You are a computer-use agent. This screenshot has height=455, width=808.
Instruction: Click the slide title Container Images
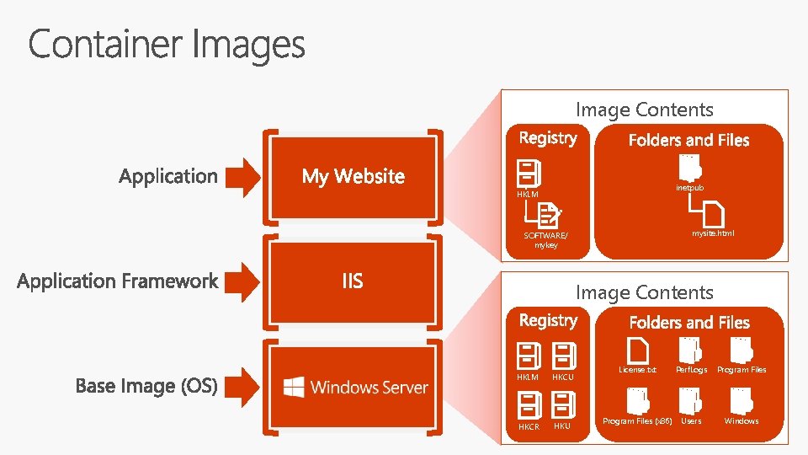coord(167,44)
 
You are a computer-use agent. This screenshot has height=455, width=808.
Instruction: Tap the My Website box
coord(353,176)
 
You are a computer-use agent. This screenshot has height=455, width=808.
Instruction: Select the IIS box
coord(353,281)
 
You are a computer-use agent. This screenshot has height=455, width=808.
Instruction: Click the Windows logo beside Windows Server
coord(294,387)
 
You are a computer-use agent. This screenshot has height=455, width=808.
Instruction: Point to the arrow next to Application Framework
coord(245,281)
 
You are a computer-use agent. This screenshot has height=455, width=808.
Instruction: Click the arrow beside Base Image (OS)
coord(245,386)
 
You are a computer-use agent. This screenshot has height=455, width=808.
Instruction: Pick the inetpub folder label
coord(689,187)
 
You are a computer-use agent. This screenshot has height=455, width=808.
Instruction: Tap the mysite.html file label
coord(713,233)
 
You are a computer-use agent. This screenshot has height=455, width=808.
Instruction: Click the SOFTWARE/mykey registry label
coord(545,240)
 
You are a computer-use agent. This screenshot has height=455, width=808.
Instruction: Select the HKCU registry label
coord(562,377)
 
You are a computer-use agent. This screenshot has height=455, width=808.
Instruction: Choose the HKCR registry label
coord(529,426)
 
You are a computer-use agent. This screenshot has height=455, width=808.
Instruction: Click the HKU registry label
coord(562,426)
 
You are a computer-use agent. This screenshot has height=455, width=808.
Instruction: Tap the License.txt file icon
coord(638,349)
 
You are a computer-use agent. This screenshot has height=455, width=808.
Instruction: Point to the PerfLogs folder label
coord(691,370)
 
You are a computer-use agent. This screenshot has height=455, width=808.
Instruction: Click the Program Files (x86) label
coord(637,421)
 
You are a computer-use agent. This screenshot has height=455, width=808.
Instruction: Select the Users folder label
coord(691,421)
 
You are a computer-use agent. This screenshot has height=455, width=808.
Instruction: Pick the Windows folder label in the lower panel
coord(742,421)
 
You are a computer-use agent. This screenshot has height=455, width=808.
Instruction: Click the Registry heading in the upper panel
coord(548,138)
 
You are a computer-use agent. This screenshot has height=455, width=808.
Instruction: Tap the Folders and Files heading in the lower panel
coord(689,323)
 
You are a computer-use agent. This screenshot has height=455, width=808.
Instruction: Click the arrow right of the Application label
coord(245,176)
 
